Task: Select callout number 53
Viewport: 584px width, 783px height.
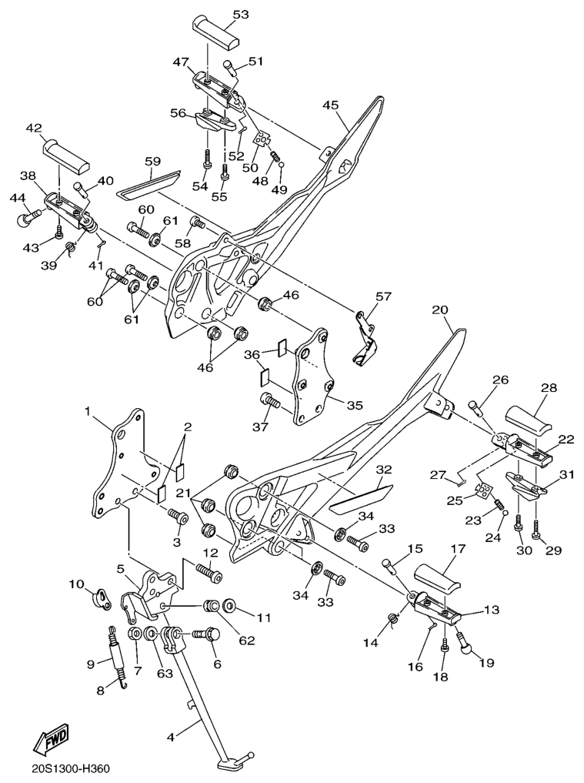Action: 241,15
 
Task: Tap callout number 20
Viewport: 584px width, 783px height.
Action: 439,310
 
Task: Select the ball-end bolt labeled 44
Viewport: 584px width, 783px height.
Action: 28,219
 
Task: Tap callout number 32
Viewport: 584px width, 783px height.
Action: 384,470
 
